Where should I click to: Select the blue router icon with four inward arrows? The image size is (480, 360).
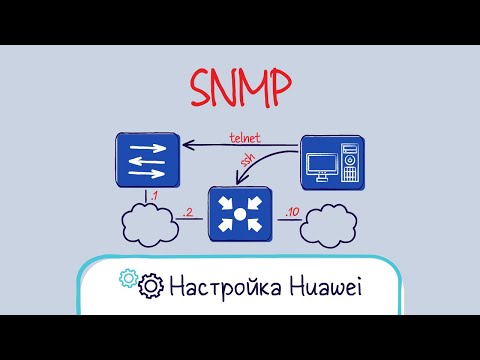coord(239,213)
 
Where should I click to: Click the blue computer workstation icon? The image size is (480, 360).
coord(332,161)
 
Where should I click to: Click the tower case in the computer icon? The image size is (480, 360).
coord(350,163)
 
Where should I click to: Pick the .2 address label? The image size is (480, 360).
coord(187,212)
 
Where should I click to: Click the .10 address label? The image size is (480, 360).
coord(290,212)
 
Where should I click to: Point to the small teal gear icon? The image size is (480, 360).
coord(127,279)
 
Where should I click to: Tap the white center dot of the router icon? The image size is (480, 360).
coord(239,213)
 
